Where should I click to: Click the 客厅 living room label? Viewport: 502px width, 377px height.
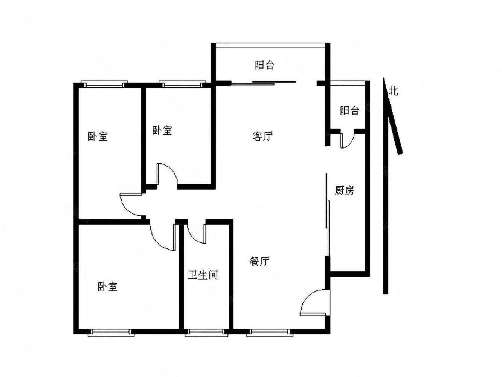(x=262, y=136)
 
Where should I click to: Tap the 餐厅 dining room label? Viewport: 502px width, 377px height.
(x=260, y=261)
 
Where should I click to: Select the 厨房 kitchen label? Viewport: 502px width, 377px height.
(x=344, y=190)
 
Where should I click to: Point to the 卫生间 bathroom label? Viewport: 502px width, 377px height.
(x=203, y=275)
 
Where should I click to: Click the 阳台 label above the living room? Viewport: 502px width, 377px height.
(x=264, y=65)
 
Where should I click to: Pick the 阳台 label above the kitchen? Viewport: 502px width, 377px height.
(x=349, y=111)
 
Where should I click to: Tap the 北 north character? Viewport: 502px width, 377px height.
(x=394, y=91)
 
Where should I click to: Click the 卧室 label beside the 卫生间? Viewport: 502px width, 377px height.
(x=108, y=287)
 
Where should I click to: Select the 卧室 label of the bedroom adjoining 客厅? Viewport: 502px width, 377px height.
(x=162, y=130)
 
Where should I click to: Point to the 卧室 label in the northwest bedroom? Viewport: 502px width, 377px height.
(x=98, y=136)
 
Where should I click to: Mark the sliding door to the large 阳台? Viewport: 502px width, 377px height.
(x=264, y=82)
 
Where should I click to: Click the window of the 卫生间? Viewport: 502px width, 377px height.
(x=207, y=332)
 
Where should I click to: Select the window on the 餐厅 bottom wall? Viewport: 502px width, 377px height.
(x=269, y=332)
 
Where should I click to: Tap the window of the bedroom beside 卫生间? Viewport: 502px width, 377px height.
(x=111, y=332)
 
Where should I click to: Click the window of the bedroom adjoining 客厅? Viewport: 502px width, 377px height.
(x=182, y=84)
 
